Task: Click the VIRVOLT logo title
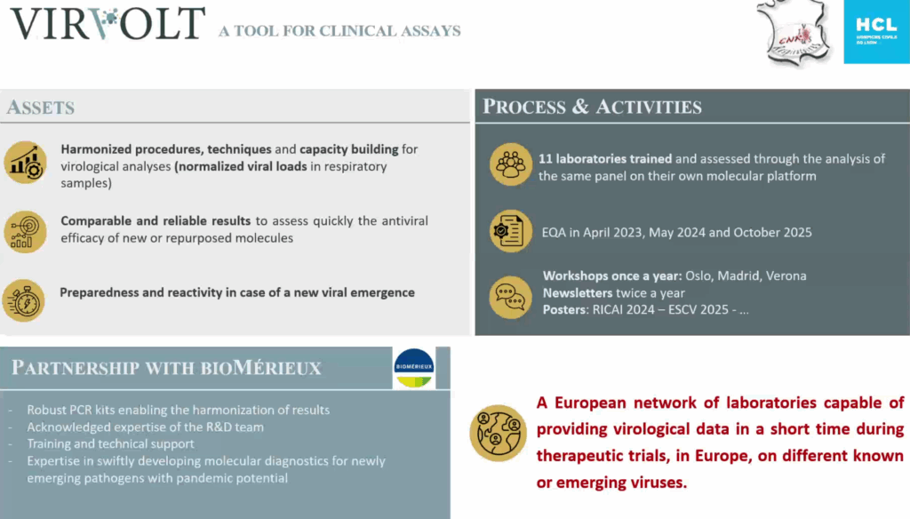(x=108, y=24)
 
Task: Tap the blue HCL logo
(x=876, y=32)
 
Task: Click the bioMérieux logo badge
(x=414, y=368)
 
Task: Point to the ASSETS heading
(x=41, y=108)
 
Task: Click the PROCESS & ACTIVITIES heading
(x=592, y=108)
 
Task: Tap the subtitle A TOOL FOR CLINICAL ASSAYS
(x=339, y=31)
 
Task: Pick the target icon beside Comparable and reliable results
(x=25, y=230)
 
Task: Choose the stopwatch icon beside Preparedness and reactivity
(x=25, y=299)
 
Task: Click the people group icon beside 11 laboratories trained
(x=511, y=164)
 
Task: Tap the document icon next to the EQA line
(x=511, y=231)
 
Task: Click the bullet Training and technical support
(x=111, y=443)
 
